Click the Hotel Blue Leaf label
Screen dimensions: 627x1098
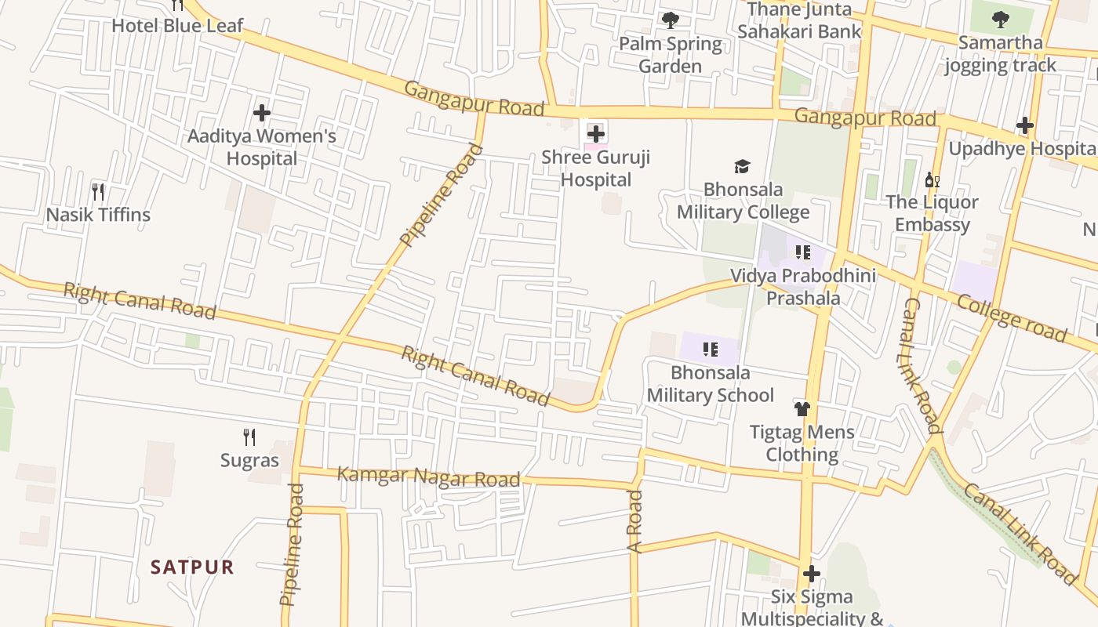pos(177,25)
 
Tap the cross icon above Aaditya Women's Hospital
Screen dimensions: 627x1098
pos(261,113)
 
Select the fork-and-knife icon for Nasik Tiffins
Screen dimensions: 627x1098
pos(98,191)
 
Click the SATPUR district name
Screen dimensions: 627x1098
pos(192,567)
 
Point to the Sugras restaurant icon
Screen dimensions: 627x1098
pos(249,437)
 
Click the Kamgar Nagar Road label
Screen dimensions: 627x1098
pos(428,477)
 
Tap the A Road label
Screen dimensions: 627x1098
pos(634,521)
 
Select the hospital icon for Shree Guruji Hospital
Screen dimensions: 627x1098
pos(596,133)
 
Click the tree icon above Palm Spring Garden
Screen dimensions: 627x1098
pos(670,20)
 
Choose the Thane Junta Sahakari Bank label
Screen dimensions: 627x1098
pos(799,20)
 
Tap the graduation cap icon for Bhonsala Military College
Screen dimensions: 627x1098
pos(742,166)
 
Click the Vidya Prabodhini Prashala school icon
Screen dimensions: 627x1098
pos(802,252)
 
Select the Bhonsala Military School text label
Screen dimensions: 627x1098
pos(710,383)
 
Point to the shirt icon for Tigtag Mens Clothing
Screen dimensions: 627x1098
pos(802,408)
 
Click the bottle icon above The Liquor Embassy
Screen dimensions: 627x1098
pos(932,180)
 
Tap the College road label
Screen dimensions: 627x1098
pos(1013,318)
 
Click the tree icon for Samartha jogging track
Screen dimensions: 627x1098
pos(1000,19)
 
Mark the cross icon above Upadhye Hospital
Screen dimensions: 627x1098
pos(1024,125)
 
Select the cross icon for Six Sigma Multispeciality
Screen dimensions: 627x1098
pos(811,574)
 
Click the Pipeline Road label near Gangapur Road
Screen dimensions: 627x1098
pos(442,194)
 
